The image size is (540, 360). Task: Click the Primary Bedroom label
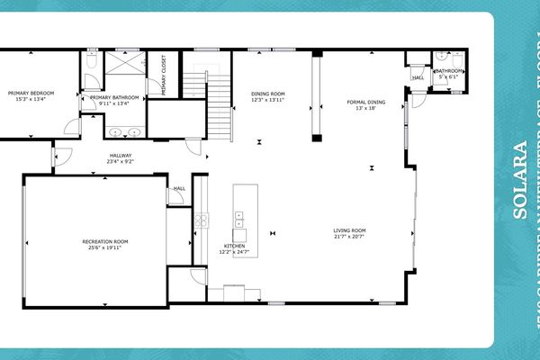[x=31, y=93]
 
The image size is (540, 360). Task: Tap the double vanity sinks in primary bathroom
[x=124, y=132]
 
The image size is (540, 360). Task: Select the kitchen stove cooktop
[x=202, y=220]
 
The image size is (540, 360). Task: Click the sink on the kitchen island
[x=240, y=218]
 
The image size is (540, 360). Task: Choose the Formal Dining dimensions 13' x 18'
[x=366, y=109]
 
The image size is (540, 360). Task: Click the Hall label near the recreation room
[x=179, y=189]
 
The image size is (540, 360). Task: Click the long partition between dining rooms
[x=317, y=97]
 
